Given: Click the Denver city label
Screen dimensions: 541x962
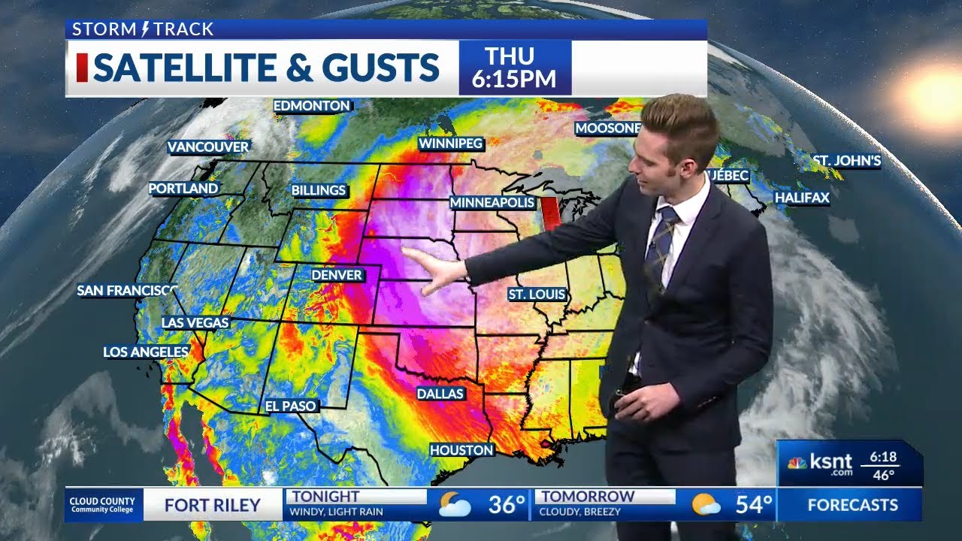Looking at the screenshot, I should pos(337,275).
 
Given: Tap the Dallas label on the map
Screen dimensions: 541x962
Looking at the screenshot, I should pos(440,393).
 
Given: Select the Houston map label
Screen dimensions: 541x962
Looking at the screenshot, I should pos(461,450).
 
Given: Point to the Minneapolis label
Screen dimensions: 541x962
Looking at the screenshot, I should pos(492,202).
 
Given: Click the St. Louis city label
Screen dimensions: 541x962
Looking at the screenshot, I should pos(537,295).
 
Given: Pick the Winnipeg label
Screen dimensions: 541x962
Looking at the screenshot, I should pos(450,143).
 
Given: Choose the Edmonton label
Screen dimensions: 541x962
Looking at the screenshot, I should pos(311,106).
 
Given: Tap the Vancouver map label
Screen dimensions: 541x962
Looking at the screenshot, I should pos(207,147).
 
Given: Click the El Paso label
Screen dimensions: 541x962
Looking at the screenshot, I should pos(291,406).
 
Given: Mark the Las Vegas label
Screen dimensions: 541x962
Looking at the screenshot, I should pos(195,322).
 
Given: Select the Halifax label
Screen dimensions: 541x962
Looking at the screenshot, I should pos(802,198).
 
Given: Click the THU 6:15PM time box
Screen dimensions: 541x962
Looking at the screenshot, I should pos(515,68).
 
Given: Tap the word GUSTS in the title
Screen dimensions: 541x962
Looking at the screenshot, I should pos(392,68).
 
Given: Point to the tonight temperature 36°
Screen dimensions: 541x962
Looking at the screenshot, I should pos(507,505).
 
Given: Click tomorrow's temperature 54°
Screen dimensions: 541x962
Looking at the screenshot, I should pos(753,505).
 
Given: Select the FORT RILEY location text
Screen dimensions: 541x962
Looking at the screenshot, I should pos(212,505).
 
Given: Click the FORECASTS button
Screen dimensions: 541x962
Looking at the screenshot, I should pos(852,505).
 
